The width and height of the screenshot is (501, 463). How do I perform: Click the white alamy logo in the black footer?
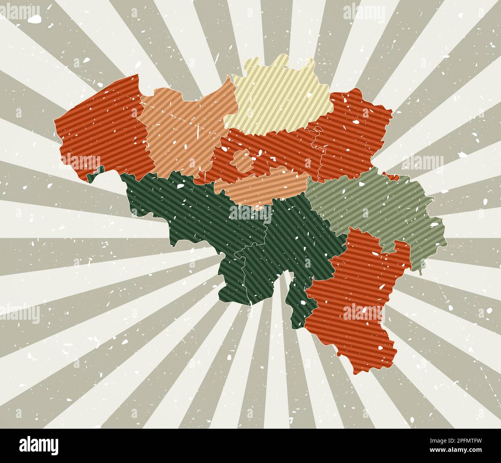point(39,445)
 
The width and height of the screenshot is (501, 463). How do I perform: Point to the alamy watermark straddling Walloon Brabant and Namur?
point(250,212)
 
